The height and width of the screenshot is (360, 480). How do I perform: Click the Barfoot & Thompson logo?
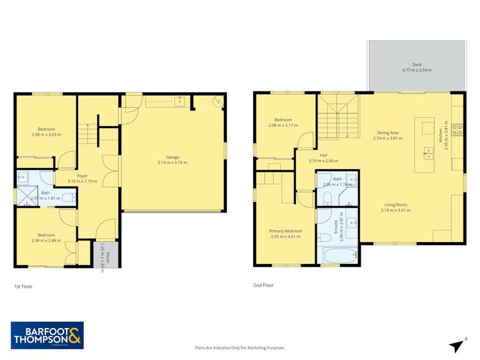47,335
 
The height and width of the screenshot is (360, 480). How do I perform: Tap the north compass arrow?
457,346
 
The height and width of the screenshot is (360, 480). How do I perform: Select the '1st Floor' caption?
23,286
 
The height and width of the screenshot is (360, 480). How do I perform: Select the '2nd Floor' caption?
263,285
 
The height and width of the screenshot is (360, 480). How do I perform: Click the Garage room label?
172,157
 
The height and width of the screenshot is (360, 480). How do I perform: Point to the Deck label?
417,65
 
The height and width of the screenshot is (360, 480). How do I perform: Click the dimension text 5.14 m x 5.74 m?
172,162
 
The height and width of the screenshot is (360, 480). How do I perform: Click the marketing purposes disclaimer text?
240,348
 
